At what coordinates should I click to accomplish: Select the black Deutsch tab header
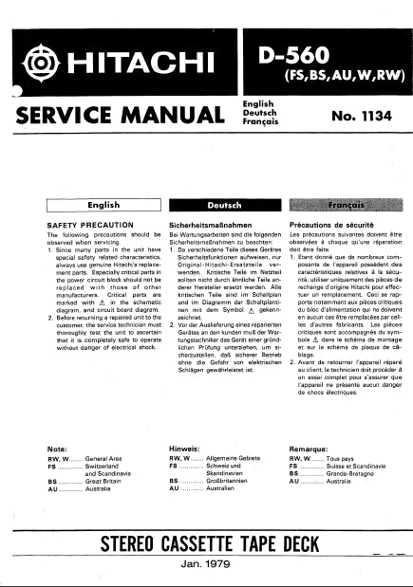coord(206,204)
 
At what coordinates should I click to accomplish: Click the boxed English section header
coord(103,204)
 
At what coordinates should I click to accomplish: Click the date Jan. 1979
coord(206,560)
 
